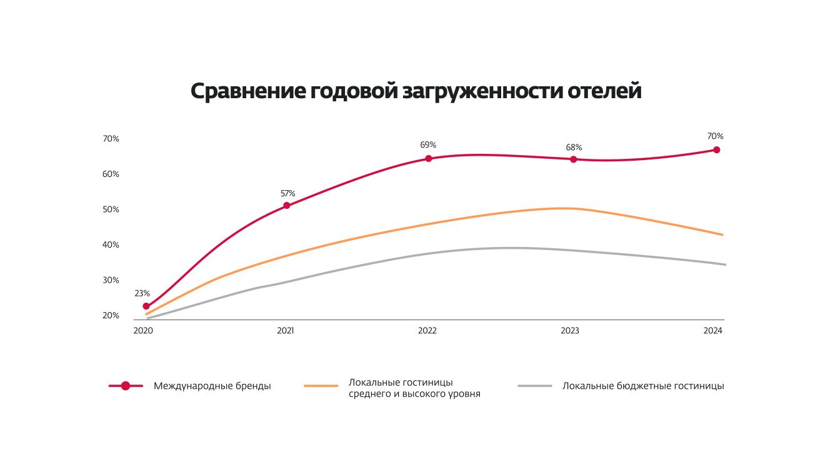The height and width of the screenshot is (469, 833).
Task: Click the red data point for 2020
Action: click(x=146, y=306)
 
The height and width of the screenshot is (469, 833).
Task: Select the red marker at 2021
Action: click(x=287, y=206)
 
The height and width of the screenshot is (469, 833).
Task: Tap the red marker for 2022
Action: click(x=429, y=158)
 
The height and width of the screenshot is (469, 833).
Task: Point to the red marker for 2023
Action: click(x=573, y=159)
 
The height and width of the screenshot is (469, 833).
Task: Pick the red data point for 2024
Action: click(x=717, y=150)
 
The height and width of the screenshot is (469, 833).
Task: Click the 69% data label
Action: click(x=428, y=144)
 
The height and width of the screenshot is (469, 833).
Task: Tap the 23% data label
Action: click(x=142, y=293)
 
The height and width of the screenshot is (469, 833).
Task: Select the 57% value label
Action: click(x=287, y=193)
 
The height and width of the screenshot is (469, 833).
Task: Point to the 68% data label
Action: click(x=574, y=148)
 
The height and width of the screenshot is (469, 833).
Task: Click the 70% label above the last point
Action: click(x=716, y=136)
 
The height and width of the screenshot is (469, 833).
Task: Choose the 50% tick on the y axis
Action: click(x=111, y=209)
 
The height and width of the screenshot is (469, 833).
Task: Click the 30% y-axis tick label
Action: click(x=111, y=280)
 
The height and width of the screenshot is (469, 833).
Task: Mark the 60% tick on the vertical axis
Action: click(x=111, y=174)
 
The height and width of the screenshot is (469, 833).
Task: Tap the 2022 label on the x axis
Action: click(x=427, y=331)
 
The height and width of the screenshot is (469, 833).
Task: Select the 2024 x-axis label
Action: click(x=713, y=331)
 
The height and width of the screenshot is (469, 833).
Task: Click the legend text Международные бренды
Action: click(x=212, y=386)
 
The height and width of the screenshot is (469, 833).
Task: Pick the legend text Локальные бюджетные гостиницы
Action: click(x=643, y=386)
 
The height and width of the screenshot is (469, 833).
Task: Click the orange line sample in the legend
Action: click(x=321, y=386)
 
